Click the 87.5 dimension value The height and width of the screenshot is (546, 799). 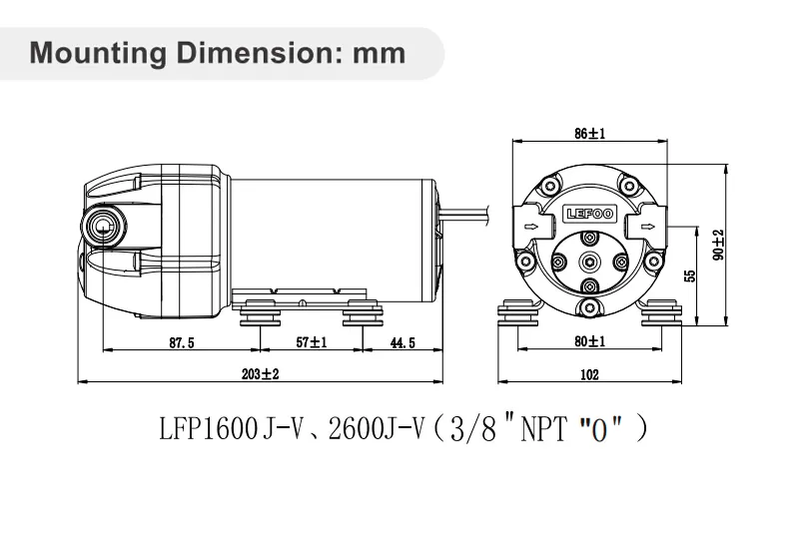(181, 342)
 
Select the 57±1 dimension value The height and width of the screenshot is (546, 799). (312, 342)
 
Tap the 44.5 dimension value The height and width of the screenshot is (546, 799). (401, 342)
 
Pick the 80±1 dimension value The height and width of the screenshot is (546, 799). (589, 341)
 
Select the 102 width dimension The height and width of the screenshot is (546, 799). (588, 374)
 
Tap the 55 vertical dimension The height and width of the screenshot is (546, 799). (689, 275)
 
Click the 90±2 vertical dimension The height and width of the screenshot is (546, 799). (717, 245)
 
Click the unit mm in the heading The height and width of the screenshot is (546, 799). (380, 52)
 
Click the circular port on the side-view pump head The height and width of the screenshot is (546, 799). (104, 226)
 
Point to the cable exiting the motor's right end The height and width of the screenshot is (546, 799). (468, 213)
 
